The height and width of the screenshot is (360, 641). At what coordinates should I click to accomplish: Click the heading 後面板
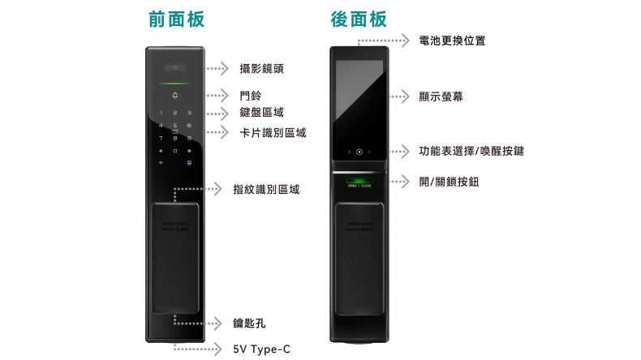tap(359, 19)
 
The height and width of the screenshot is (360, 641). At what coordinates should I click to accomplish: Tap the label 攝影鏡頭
tap(262, 68)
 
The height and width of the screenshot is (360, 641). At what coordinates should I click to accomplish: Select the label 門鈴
tap(251, 96)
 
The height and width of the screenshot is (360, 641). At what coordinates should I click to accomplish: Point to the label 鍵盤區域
tap(262, 113)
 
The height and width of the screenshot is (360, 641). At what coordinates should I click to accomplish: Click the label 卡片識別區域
tap(273, 132)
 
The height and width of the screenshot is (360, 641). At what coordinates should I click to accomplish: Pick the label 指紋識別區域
tap(265, 189)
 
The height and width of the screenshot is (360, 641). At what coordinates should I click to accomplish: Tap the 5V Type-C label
tap(260, 349)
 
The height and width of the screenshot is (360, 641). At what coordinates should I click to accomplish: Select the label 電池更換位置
tap(452, 40)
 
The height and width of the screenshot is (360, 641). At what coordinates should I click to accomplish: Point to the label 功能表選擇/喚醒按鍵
tap(471, 151)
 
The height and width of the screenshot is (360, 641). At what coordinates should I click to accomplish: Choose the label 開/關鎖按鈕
tap(449, 181)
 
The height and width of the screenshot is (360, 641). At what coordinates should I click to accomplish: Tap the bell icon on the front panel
tap(174, 98)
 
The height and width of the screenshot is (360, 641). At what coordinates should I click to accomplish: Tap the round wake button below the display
tap(359, 152)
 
